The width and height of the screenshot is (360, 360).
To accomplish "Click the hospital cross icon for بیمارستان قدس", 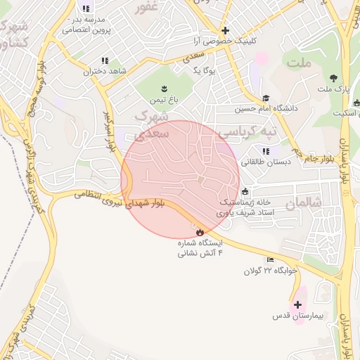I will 297,304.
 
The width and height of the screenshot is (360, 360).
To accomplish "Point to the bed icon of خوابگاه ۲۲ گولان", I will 271,260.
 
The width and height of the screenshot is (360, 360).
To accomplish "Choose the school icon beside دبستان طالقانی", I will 266,150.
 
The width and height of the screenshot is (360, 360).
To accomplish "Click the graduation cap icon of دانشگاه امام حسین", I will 266,98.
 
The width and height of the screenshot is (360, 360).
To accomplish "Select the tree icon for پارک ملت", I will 333,78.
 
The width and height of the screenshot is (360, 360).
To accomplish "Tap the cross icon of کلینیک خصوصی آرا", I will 224,30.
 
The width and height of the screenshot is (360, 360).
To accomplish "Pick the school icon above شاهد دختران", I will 105,61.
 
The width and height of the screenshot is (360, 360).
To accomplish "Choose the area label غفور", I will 146,8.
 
